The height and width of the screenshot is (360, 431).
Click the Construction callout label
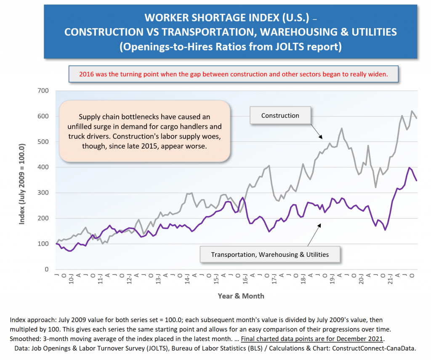click(280, 115)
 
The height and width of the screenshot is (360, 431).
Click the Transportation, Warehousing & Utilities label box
click(269, 254)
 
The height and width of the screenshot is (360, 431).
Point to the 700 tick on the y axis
click(43, 91)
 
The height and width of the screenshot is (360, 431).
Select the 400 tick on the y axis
click(43, 167)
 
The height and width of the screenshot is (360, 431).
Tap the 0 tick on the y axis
click(46, 269)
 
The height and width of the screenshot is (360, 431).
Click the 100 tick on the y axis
click(43, 244)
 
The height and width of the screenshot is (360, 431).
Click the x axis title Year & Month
click(241, 296)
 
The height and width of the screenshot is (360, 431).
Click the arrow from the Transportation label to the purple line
click(313, 235)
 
